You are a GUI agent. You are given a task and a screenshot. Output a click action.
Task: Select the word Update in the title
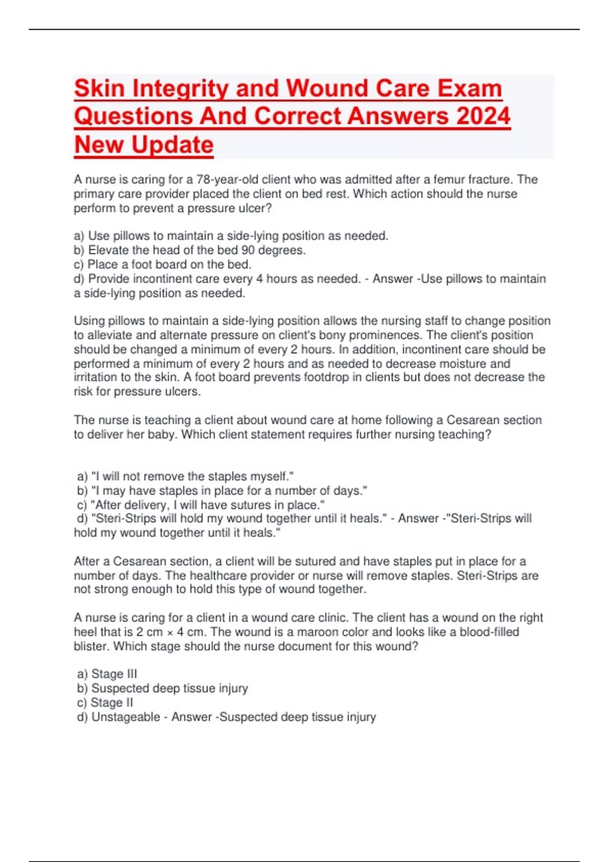(172, 145)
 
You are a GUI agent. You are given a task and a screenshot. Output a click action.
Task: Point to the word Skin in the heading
(99, 88)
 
